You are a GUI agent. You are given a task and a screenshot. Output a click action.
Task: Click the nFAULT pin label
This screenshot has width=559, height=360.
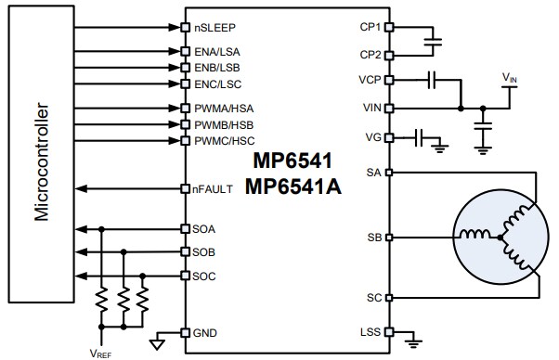(214, 189)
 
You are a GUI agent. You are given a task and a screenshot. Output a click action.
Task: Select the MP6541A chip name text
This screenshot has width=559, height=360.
(293, 187)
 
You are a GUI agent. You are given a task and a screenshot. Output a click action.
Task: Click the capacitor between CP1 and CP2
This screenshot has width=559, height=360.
(431, 41)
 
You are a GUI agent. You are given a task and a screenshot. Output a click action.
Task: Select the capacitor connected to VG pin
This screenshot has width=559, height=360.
(421, 137)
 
